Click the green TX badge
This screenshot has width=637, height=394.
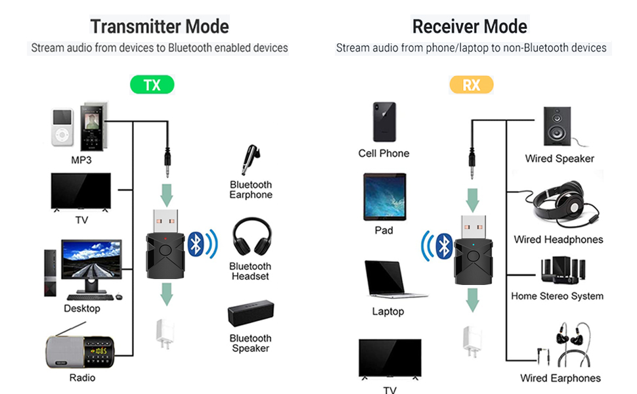point(152,85)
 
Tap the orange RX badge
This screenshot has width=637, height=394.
point(471,85)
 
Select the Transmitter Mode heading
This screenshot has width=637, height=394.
point(160,26)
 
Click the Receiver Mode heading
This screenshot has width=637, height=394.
point(470,26)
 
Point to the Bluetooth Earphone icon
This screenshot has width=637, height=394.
point(250,161)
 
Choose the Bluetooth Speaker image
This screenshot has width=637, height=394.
point(250,313)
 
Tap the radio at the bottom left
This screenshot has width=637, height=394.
point(80,352)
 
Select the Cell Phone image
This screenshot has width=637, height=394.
point(384,122)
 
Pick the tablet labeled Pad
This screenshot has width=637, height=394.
point(384,196)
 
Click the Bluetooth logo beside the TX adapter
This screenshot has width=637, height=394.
point(194,243)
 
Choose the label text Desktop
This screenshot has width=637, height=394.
point(82,309)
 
